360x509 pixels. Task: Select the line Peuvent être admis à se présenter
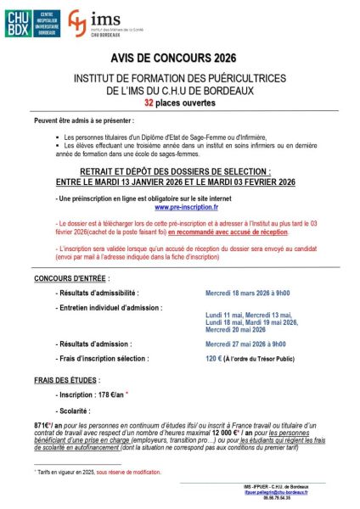point(83,121)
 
